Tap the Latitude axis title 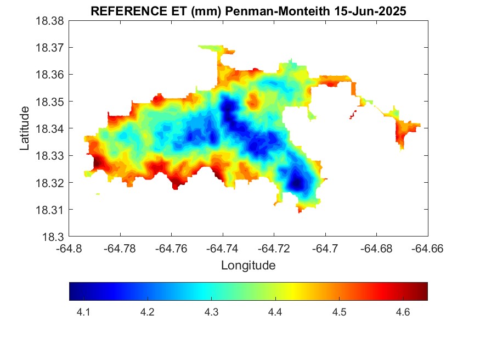tap(24, 128)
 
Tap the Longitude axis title tap(248, 266)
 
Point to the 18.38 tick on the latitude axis tap(50, 21)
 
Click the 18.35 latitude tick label tap(50, 102)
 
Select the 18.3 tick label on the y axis tap(54, 237)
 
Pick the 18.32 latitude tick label tap(50, 183)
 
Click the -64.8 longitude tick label tap(70, 249)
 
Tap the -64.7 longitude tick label tap(326, 249)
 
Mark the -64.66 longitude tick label tap(428, 249)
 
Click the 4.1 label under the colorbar tap(83, 312)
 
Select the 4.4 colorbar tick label tap(275, 312)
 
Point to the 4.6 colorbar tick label tap(403, 312)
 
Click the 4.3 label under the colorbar tap(211, 312)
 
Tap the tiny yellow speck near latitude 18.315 tap(98, 194)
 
